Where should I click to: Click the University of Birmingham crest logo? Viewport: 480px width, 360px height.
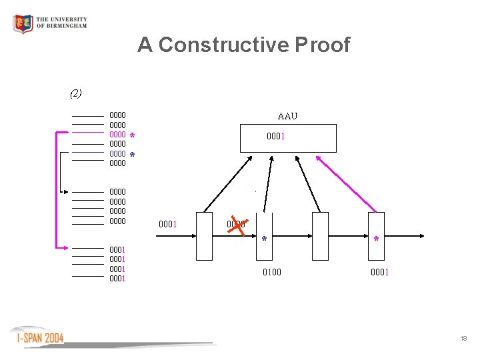click(x=23, y=24)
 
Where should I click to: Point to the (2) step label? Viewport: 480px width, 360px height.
click(x=76, y=93)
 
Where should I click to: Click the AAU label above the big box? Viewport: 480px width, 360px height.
click(x=287, y=116)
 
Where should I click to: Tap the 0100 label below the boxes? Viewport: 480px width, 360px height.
click(x=271, y=272)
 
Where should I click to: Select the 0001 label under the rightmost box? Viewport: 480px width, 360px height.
click(x=380, y=272)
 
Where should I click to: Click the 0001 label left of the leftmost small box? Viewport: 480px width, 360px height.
click(x=167, y=224)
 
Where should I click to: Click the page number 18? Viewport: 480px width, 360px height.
click(x=463, y=339)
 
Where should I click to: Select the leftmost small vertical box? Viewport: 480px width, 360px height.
click(x=204, y=235)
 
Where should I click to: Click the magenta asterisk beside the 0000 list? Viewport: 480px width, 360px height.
click(x=132, y=135)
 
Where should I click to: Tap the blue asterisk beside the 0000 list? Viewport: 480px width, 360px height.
click(x=132, y=155)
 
